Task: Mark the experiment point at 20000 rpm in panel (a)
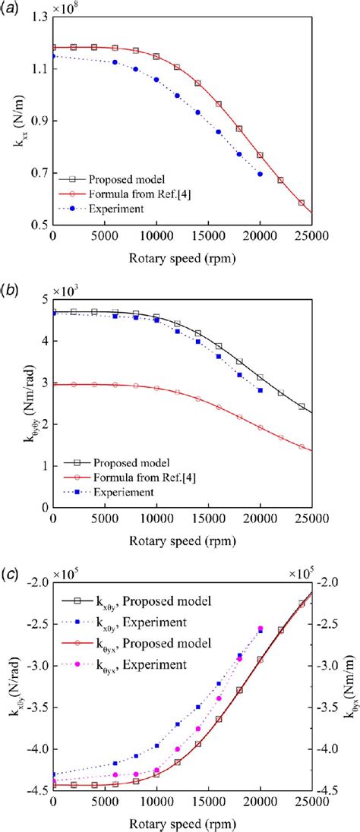coord(260,174)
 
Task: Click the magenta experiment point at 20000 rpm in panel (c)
coord(260,629)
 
